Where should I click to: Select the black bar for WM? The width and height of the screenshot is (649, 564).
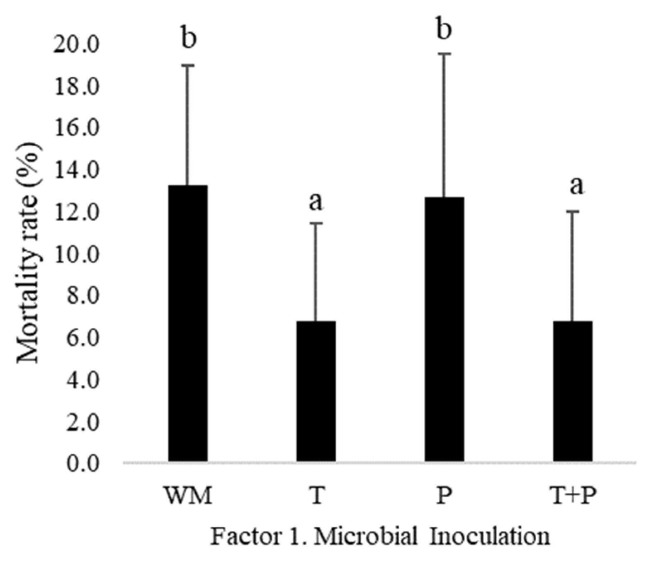[x=188, y=323]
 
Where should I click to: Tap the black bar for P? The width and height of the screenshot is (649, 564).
[x=444, y=329]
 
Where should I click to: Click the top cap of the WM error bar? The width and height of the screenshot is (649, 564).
[x=188, y=65]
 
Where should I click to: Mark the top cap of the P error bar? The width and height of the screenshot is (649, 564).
[x=444, y=54]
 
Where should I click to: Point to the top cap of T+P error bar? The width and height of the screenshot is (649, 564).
[x=573, y=212]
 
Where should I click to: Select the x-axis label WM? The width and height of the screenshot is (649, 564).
[x=188, y=496]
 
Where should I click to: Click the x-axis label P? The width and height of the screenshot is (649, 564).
[x=444, y=496]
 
